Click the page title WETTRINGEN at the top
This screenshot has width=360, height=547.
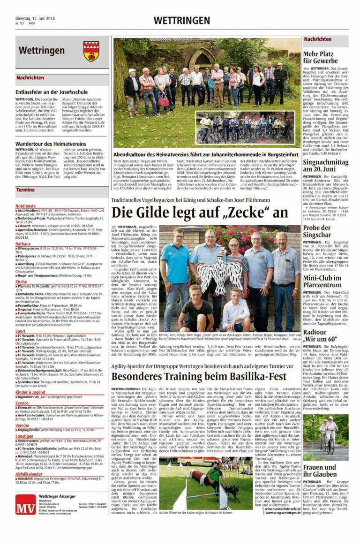coord(182,20)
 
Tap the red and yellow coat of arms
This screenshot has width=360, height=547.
coord(91,51)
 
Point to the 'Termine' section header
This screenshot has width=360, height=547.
coord(25,190)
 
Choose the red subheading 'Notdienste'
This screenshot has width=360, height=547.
coord(25,206)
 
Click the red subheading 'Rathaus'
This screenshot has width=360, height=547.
coord(23,244)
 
